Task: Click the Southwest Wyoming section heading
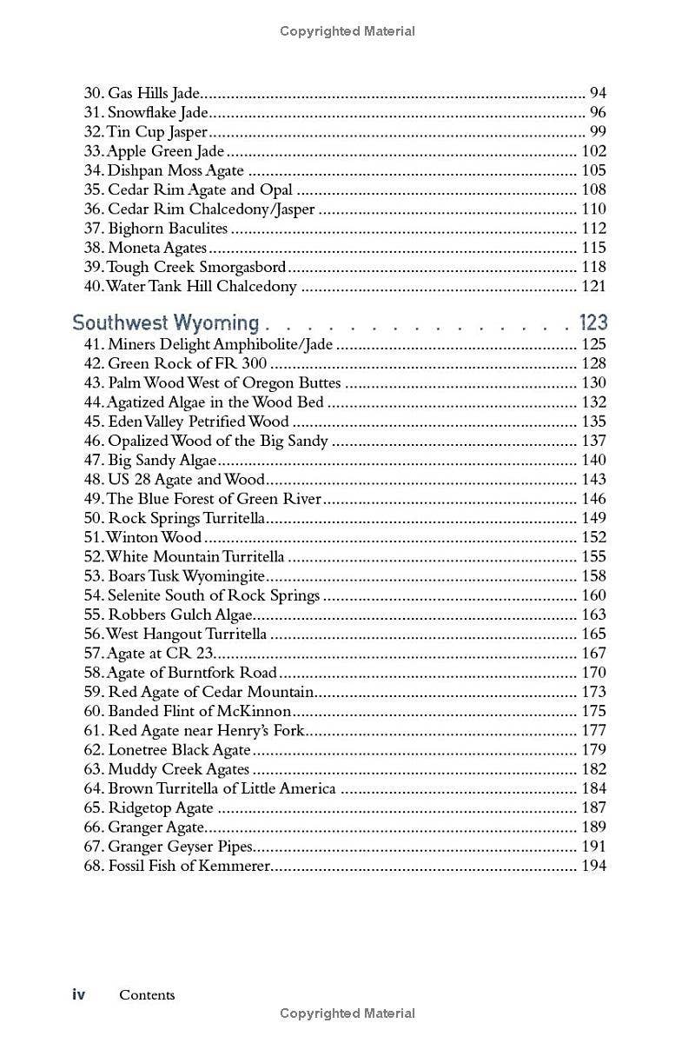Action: click(x=165, y=323)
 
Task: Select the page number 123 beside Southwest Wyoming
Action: click(x=593, y=323)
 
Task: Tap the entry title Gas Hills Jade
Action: click(x=154, y=93)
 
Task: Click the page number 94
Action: click(x=598, y=93)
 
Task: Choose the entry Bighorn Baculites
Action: click(x=167, y=229)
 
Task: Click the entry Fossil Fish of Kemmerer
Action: click(x=189, y=866)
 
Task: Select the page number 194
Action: click(x=593, y=866)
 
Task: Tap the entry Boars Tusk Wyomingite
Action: click(x=186, y=576)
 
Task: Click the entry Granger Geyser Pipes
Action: click(x=180, y=847)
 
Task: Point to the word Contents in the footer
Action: click(x=147, y=995)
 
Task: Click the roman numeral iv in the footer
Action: click(x=78, y=995)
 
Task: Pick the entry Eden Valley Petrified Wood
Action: click(x=199, y=422)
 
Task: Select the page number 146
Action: click(x=593, y=499)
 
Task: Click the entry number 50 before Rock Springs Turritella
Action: click(x=93, y=518)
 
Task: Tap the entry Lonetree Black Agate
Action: click(x=179, y=750)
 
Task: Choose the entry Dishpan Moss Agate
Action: click(x=175, y=170)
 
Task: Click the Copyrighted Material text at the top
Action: click(x=347, y=31)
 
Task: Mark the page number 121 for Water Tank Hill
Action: click(x=593, y=286)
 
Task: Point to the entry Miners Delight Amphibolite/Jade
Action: click(x=220, y=345)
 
